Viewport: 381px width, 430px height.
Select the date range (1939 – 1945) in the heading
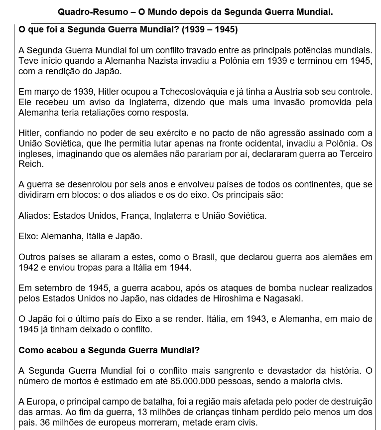210,30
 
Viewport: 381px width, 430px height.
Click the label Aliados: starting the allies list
34,216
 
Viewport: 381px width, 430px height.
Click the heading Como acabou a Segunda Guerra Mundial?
109,350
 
